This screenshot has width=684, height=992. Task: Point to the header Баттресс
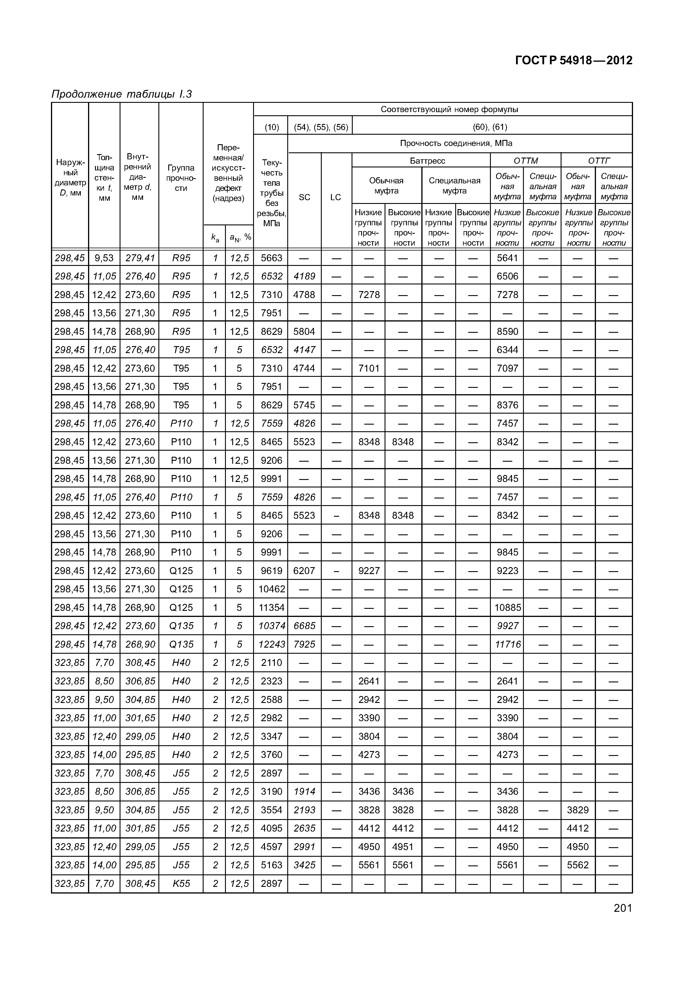[x=427, y=161]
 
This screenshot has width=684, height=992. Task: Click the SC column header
[x=304, y=197]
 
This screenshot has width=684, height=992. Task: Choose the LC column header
[x=336, y=197]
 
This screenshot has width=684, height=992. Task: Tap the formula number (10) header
[x=272, y=127]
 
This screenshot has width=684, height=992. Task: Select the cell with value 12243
[x=272, y=644]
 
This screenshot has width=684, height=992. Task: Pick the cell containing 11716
[x=508, y=644]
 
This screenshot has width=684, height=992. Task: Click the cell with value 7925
[x=304, y=644]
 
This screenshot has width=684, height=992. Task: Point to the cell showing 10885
[x=508, y=607]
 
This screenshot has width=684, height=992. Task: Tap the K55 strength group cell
[x=181, y=884]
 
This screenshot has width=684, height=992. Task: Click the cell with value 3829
[x=578, y=810]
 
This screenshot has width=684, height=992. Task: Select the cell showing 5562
[x=578, y=865]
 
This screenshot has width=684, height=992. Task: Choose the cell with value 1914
[x=304, y=791]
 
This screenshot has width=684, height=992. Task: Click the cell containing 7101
[x=369, y=368]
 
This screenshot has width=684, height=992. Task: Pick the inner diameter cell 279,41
[x=140, y=258]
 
